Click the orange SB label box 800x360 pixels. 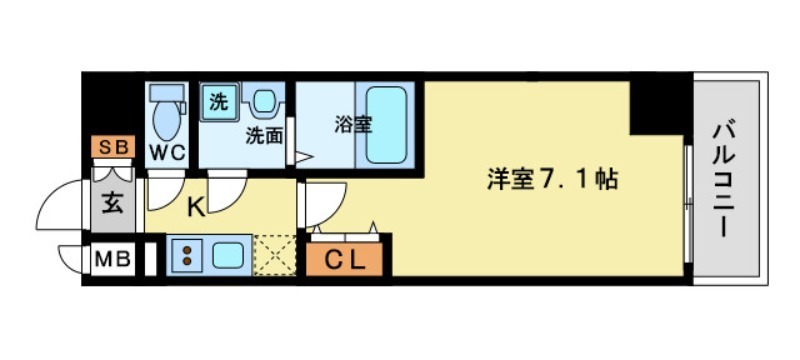click(114, 148)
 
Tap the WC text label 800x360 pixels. click(165, 152)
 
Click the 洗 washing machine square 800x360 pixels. click(218, 100)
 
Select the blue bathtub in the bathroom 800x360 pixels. click(385, 125)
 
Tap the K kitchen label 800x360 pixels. click(196, 209)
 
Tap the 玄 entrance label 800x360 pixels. click(113, 207)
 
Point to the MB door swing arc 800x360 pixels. click(72, 259)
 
